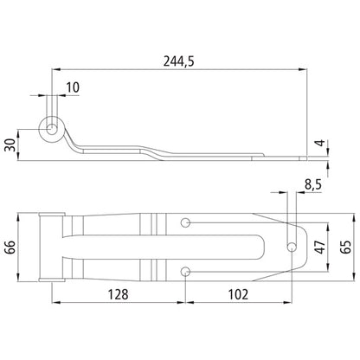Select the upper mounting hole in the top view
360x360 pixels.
point(186,223)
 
